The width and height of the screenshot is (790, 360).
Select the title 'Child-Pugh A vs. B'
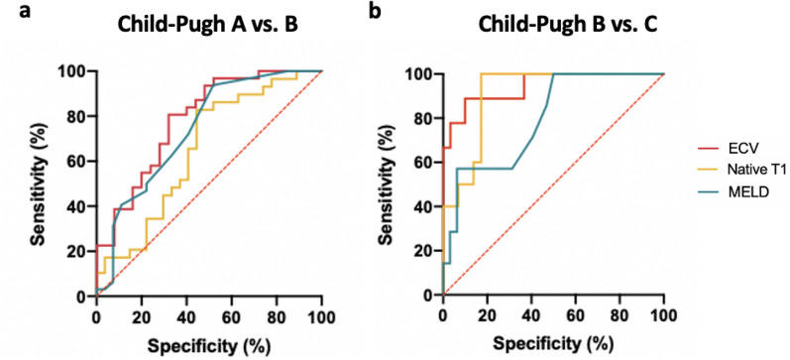pos(208,24)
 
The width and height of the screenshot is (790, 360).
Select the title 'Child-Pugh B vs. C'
pos(552,24)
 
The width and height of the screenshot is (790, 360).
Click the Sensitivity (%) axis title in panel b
pos(388,183)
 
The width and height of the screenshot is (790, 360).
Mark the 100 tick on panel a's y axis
pos(75,71)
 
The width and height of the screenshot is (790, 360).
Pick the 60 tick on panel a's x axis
pos(232,315)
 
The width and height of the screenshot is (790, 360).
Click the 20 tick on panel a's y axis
pos(79,251)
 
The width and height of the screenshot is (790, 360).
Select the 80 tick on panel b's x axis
pos(619,315)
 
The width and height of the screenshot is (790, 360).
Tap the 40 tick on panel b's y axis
pos(426,206)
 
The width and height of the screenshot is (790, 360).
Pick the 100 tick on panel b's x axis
pos(662,315)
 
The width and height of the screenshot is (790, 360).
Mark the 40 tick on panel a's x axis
pos(186,315)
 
